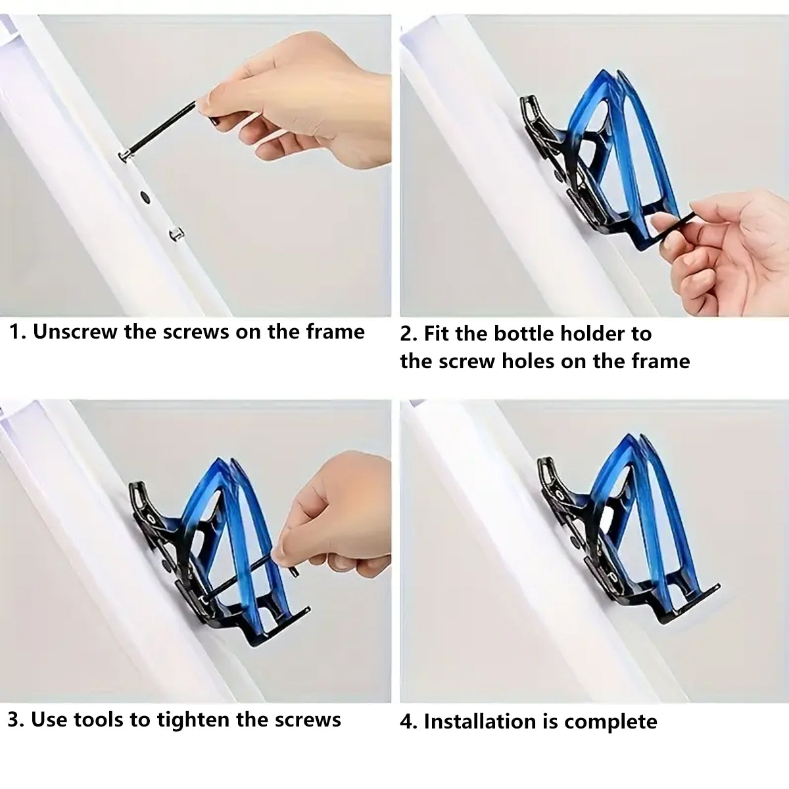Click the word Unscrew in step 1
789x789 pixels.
tap(75, 331)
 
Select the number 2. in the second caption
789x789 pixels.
tap(409, 334)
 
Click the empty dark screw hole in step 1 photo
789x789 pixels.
tap(145, 197)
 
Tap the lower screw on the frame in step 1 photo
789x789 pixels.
tap(176, 234)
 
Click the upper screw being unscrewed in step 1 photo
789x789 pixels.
tap(126, 155)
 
